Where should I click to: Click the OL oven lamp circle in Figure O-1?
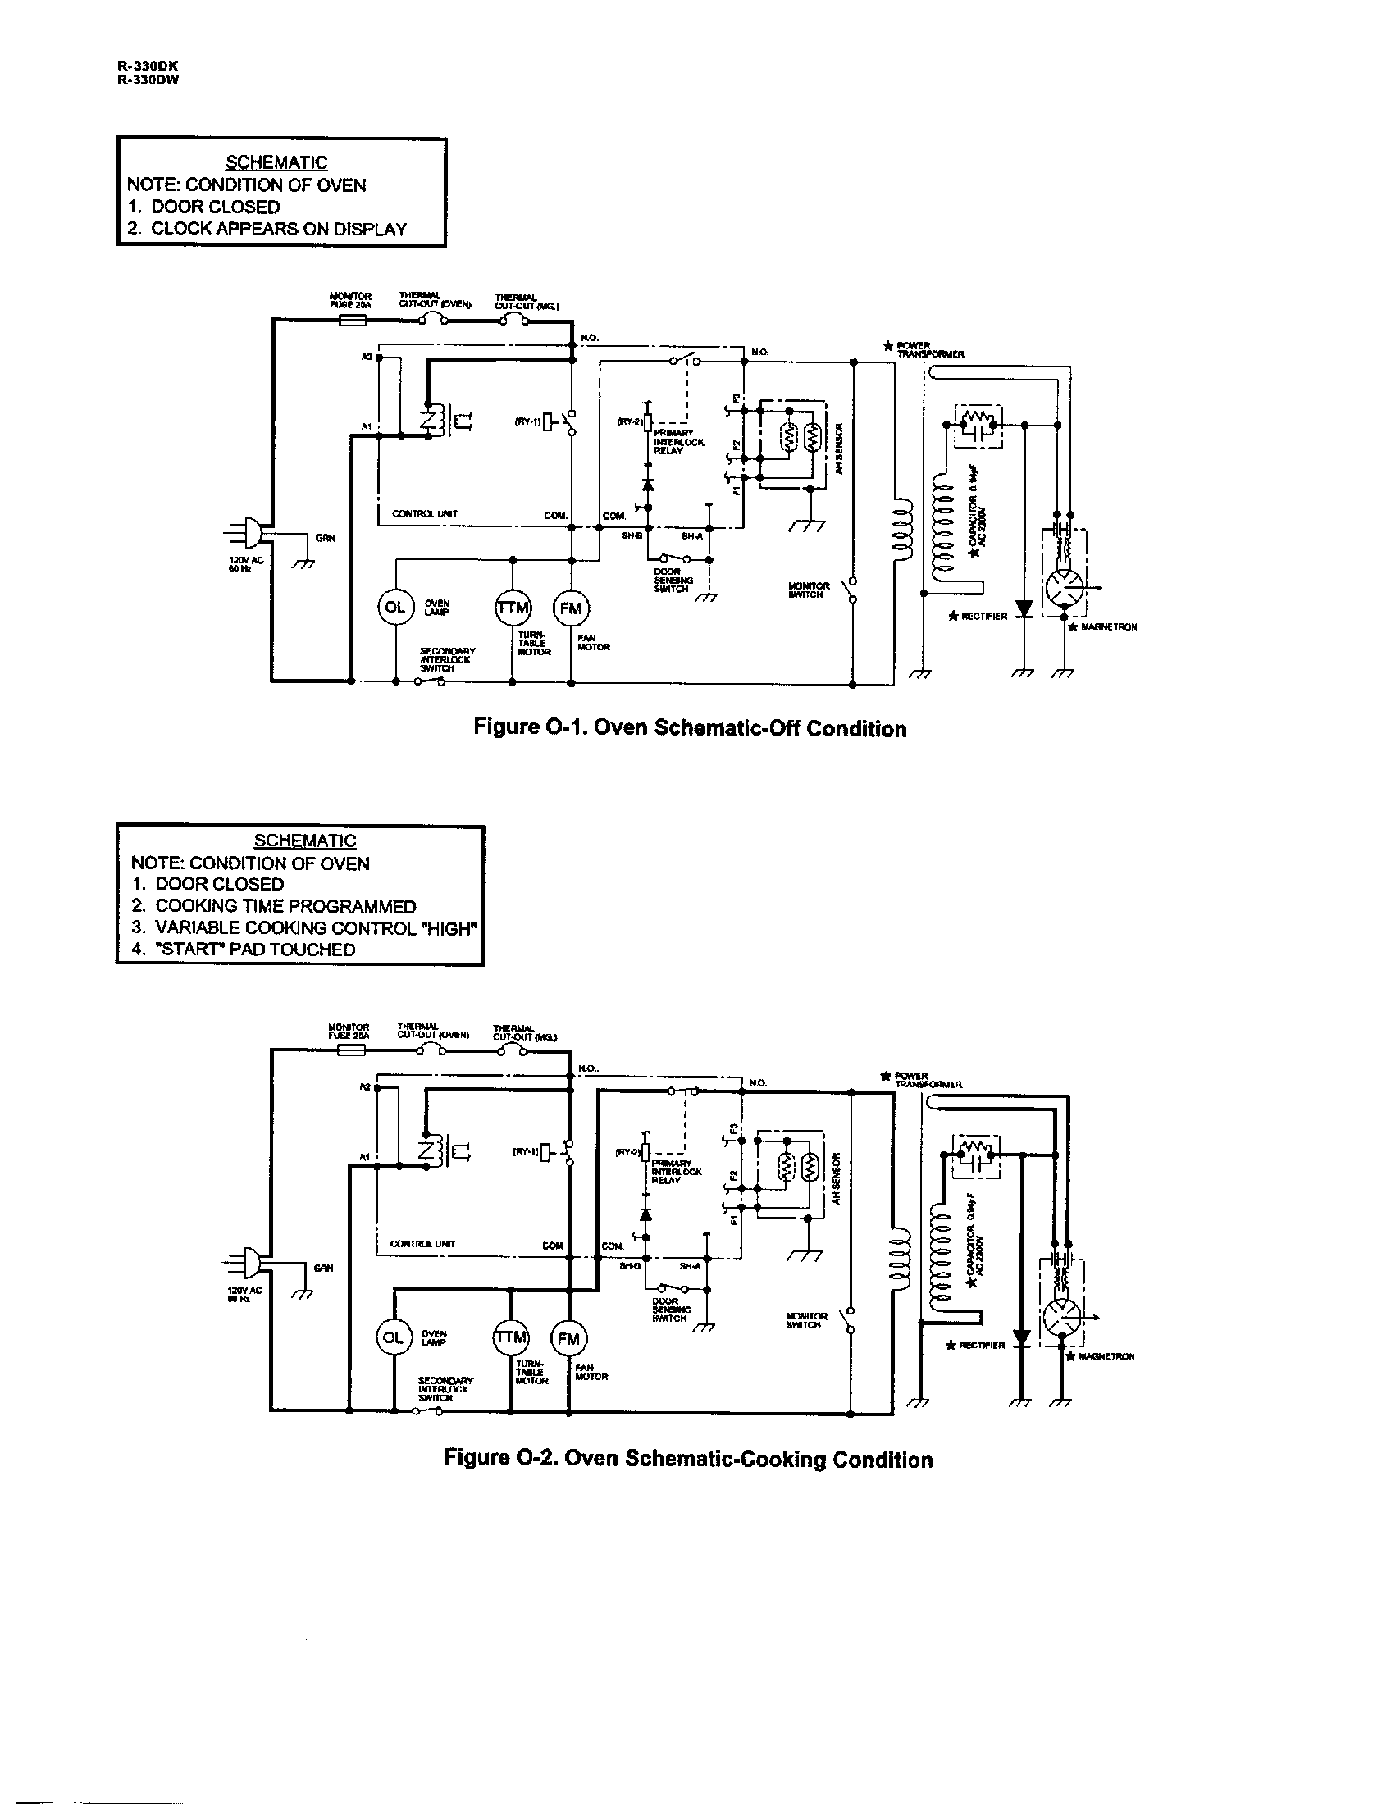[x=394, y=607]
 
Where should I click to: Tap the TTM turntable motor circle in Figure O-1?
[x=513, y=608]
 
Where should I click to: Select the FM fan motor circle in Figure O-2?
[x=568, y=1339]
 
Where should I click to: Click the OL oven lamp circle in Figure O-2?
[x=392, y=1337]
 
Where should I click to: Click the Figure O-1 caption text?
[x=690, y=728]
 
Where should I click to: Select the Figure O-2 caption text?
[x=688, y=1459]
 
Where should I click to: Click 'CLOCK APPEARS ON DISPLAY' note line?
[x=267, y=230]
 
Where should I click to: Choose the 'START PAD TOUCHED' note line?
[x=244, y=950]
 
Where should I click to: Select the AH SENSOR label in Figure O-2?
[x=835, y=1178]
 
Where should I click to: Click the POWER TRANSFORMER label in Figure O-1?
[x=926, y=349]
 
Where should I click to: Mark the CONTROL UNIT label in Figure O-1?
[x=425, y=514]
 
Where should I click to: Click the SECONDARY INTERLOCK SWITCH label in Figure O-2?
[x=446, y=1389]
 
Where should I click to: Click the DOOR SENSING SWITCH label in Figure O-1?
[x=672, y=580]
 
